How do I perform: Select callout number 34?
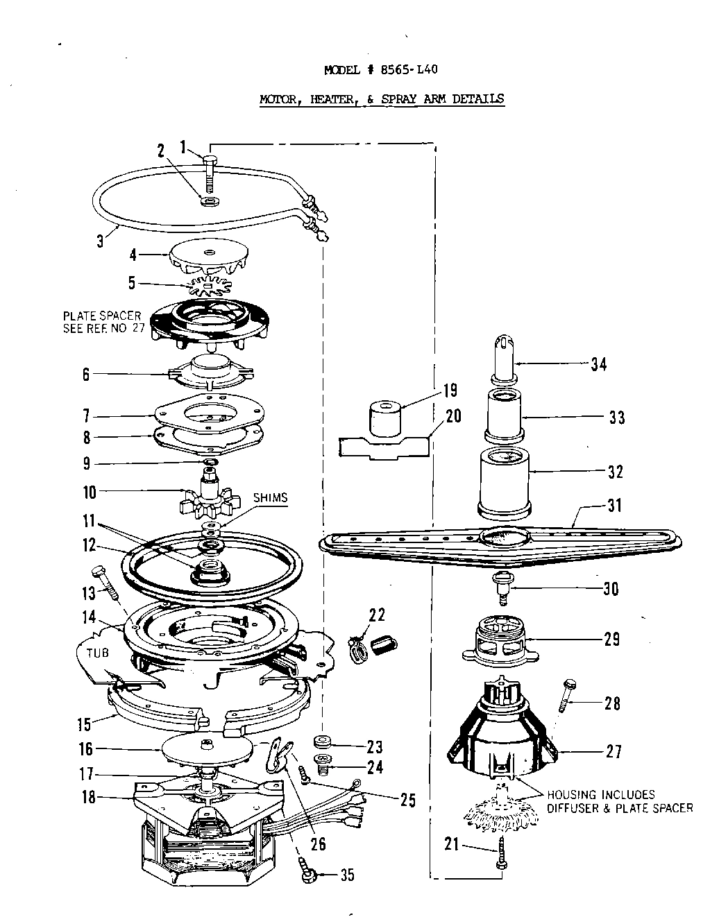point(599,363)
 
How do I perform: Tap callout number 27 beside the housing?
point(614,751)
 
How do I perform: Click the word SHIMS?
point(270,497)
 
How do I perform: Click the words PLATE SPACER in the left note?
point(101,316)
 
